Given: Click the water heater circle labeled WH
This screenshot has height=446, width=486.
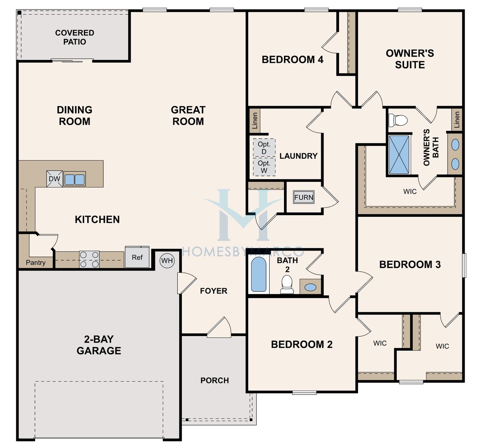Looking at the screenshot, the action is click(x=167, y=260).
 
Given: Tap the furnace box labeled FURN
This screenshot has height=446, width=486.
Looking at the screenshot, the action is click(x=304, y=197).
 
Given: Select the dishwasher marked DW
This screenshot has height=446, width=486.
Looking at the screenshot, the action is click(x=55, y=179).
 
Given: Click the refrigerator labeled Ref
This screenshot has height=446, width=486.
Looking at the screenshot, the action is click(x=137, y=257).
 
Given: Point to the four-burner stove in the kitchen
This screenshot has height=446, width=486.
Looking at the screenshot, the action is click(x=89, y=259).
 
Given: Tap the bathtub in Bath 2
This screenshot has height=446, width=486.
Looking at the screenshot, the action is click(x=259, y=274).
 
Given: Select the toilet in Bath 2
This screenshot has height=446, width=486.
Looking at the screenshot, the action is click(x=287, y=284).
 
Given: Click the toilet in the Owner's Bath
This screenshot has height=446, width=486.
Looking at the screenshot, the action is click(x=398, y=120).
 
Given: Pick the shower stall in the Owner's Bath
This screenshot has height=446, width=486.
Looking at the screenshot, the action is click(x=399, y=155).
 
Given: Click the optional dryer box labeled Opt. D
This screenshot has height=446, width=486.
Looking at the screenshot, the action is click(x=264, y=148).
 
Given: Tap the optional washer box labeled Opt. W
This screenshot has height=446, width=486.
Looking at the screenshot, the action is click(x=264, y=167).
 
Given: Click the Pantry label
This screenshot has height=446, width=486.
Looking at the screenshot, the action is click(x=36, y=263).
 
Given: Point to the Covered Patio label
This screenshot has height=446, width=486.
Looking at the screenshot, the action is click(x=75, y=37).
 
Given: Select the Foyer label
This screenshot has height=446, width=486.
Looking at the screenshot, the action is click(x=214, y=291).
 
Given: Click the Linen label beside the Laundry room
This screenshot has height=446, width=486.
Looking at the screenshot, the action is click(x=255, y=120).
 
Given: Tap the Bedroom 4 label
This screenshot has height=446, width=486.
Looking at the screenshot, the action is click(x=292, y=59).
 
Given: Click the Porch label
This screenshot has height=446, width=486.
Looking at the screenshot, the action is click(x=215, y=380).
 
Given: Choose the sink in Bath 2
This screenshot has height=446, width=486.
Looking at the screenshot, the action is click(x=310, y=287).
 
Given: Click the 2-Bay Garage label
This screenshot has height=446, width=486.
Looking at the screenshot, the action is click(x=99, y=345).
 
